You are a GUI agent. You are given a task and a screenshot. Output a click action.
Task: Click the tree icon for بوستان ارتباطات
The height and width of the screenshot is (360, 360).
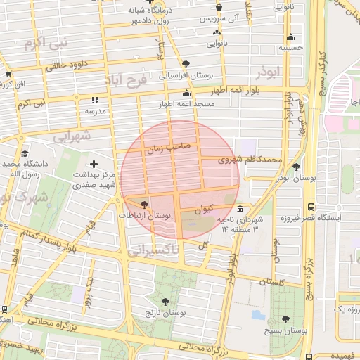coord(144,205)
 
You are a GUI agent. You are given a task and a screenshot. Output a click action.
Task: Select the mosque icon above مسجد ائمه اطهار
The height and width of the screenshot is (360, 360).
coord(186,94)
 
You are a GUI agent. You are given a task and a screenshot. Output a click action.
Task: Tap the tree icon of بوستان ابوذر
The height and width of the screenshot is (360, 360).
coord(296,167)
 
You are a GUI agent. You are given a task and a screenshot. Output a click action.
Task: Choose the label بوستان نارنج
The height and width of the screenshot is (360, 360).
coord(165,311)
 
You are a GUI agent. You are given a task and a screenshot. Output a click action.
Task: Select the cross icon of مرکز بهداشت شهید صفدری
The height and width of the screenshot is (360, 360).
coord(94,164)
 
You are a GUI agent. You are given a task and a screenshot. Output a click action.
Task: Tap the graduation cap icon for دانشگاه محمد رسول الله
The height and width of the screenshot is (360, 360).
coord(25,154)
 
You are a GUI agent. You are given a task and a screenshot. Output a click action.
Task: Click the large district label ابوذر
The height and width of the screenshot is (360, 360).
coord(269,72)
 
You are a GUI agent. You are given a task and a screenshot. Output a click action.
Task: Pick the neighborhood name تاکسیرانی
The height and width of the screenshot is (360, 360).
coord(156,250)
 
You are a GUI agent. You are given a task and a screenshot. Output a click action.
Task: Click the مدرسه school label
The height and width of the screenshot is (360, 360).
coord(95,111)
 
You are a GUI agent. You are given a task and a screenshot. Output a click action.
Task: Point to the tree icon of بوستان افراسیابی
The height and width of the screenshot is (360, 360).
coord(185,64)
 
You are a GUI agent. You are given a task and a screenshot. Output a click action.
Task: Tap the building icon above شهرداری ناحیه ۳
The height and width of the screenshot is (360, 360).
coord(240,210)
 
